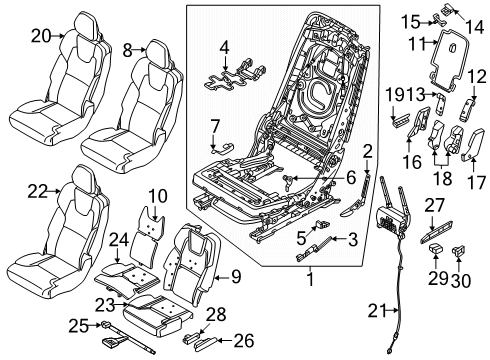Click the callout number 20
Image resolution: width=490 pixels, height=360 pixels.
coord(41,36)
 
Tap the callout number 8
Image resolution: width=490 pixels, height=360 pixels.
coord(127,50)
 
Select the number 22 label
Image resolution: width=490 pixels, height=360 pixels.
coord(38,192)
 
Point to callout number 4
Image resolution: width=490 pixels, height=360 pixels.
coord(224,48)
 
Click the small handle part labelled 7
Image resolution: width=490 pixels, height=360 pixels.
coord(223,148)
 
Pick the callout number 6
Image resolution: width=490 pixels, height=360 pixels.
coord(351,178)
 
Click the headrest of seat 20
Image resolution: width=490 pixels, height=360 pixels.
coord(87,23)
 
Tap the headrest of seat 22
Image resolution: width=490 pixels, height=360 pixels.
coord(85,176)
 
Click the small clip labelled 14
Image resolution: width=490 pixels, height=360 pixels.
coord(447,9)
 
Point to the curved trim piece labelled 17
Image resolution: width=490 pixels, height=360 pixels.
coord(471,146)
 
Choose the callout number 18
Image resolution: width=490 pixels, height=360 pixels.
coord(443,178)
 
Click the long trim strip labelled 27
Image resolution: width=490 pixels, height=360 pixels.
coord(436,232)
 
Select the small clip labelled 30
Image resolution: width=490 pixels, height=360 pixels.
coord(458,250)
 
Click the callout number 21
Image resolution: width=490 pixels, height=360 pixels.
coord(378,311)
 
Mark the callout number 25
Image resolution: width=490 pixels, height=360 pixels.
coord(79,326)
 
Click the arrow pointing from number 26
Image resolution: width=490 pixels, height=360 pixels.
coord(225,341)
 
